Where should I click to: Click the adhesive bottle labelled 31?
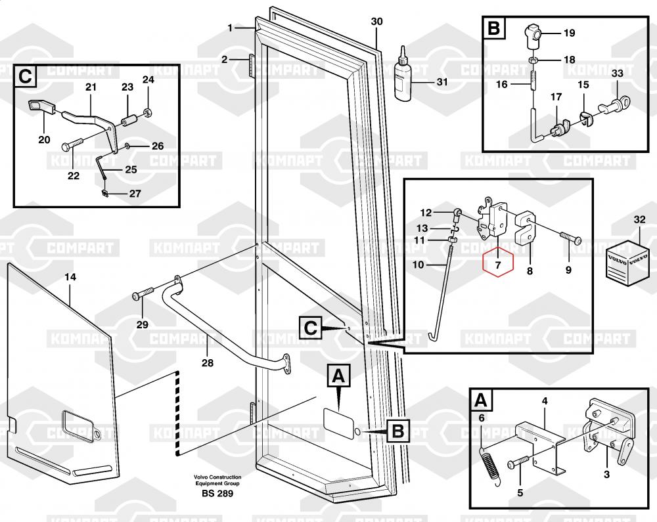click(x=403, y=76)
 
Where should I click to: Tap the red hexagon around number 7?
click(x=497, y=265)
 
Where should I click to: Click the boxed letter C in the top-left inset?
click(x=24, y=76)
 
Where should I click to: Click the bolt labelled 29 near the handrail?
click(x=144, y=295)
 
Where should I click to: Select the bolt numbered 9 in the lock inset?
click(x=571, y=240)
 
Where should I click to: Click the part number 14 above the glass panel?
click(x=70, y=278)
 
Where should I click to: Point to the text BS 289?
click(x=217, y=493)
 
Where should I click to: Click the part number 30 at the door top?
click(x=376, y=22)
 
